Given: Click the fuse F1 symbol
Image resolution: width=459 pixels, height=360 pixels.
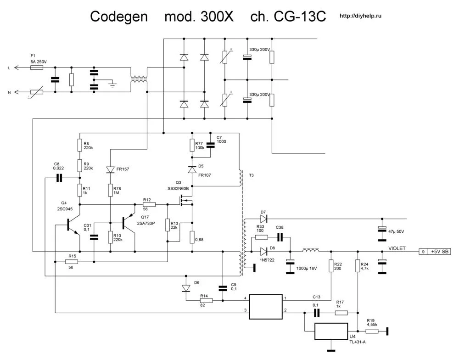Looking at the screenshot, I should pyautogui.click(x=37, y=67).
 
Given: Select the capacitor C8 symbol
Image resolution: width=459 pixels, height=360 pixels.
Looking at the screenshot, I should pyautogui.click(x=59, y=178).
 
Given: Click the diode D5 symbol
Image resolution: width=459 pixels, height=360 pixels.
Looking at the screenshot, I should pyautogui.click(x=192, y=169).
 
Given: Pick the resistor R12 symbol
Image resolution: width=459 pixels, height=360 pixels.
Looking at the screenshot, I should pyautogui.click(x=149, y=204).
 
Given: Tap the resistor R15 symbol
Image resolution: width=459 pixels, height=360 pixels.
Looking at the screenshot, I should pyautogui.click(x=71, y=262).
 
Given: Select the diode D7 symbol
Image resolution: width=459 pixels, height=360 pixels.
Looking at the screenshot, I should pyautogui.click(x=263, y=218).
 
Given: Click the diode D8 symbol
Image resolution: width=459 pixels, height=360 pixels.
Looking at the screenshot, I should pyautogui.click(x=263, y=251).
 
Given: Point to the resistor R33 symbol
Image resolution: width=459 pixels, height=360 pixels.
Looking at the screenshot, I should pyautogui.click(x=261, y=237).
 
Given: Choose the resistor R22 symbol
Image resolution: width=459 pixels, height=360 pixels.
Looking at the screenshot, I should pyautogui.click(x=330, y=266).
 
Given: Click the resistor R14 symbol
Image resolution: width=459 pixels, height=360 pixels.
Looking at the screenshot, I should pyautogui.click(x=206, y=301).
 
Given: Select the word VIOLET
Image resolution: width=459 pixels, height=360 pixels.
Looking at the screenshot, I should pyautogui.click(x=397, y=248).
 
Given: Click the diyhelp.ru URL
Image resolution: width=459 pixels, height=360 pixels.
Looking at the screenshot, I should pyautogui.click(x=360, y=16).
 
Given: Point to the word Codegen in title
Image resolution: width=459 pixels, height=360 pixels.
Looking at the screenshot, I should pyautogui.click(x=118, y=17).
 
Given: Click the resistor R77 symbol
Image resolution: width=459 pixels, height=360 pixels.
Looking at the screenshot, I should pyautogui.click(x=192, y=146).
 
